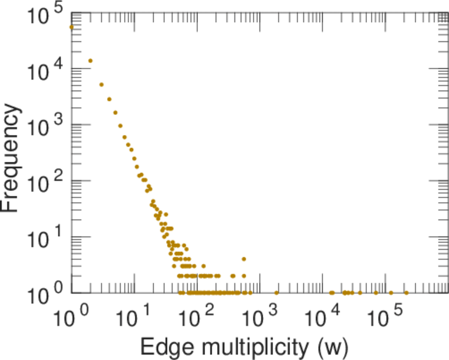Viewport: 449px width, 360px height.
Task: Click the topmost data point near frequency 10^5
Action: [x=71, y=27]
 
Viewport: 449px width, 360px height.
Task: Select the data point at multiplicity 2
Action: [x=91, y=61]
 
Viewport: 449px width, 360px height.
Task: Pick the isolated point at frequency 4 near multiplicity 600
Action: [x=244, y=259]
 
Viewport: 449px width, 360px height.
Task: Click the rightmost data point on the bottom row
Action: [x=406, y=293]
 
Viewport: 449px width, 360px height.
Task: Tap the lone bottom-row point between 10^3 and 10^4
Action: [x=276, y=293]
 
